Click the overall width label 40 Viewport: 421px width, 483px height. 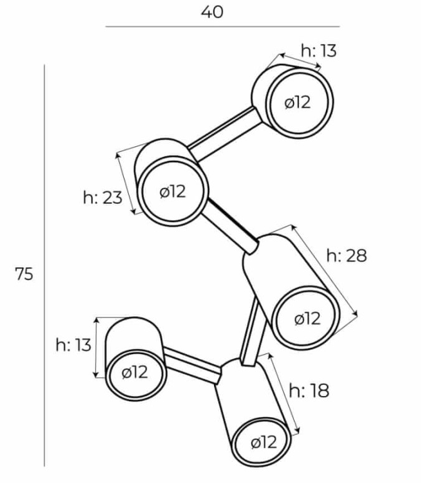point(212,13)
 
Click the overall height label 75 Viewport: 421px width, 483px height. point(24,274)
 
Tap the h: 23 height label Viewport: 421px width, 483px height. point(103,198)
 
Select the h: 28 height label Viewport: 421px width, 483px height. point(347,256)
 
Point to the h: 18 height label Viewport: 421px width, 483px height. point(309,390)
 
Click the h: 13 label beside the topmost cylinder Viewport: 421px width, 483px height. point(319,51)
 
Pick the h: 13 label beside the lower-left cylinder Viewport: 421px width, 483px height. point(73,345)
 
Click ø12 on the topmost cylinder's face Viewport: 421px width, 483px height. point(298,103)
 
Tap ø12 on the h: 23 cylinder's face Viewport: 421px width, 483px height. point(173,192)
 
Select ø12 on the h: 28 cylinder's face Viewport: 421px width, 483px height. point(307,318)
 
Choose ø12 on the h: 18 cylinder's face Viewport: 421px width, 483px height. point(264,443)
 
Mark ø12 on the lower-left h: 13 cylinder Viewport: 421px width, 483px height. point(135,372)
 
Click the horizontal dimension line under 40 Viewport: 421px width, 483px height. point(223,27)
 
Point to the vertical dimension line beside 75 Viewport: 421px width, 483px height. point(44,265)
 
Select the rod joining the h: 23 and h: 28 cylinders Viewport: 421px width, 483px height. point(230,226)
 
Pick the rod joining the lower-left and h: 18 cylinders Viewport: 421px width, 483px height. point(193,365)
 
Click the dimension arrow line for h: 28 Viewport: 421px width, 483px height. point(324,271)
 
